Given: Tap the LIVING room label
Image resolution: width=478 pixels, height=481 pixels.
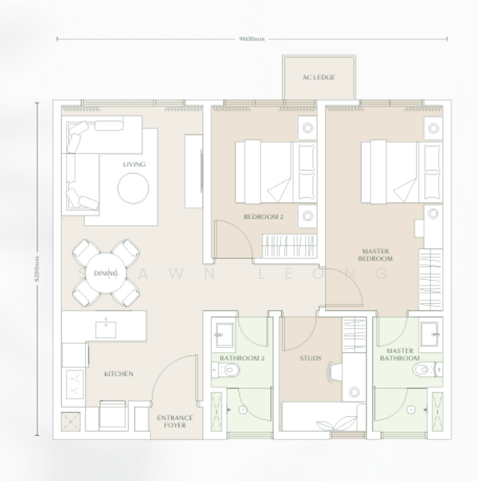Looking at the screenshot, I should coord(133,164).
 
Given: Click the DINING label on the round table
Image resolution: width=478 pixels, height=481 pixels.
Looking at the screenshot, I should coord(105,273).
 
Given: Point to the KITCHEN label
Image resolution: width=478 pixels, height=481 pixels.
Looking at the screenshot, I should coord(118,374).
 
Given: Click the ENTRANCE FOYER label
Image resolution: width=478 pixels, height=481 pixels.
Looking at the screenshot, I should coord(170,421).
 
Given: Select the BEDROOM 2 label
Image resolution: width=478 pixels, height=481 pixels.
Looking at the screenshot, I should coord(263,217).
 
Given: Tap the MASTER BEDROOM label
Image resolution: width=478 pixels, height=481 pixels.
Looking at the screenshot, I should coord(375,255).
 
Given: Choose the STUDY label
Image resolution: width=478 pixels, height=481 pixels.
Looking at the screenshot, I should coord(310,358).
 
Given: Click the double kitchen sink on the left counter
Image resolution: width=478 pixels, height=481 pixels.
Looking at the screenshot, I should coord(74,382).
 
